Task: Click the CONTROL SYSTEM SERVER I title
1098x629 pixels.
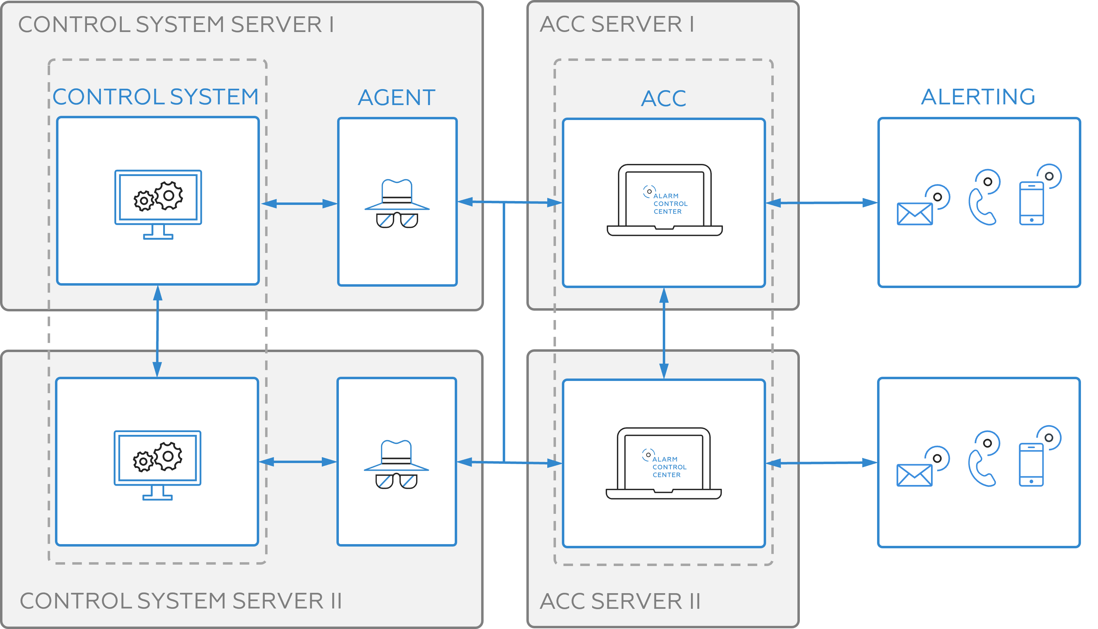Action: [176, 25]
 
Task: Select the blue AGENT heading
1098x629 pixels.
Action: [397, 98]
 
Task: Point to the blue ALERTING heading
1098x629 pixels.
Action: [978, 97]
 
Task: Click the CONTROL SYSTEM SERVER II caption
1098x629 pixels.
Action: [181, 601]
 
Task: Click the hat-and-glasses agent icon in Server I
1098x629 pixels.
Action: [397, 204]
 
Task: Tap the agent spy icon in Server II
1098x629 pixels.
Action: [396, 464]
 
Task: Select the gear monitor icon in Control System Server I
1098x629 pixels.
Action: [158, 204]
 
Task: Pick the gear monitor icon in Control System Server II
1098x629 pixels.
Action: [157, 465]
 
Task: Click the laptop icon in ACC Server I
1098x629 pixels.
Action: [664, 200]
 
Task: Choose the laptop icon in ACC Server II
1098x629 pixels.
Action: [663, 463]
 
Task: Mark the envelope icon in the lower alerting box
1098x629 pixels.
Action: [914, 475]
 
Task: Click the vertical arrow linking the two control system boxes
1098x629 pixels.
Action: [158, 331]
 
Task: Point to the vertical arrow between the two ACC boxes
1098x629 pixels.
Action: [664, 333]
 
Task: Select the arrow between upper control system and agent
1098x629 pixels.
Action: [299, 204]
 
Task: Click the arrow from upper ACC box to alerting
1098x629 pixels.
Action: [821, 202]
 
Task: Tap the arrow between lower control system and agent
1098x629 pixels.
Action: [298, 462]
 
